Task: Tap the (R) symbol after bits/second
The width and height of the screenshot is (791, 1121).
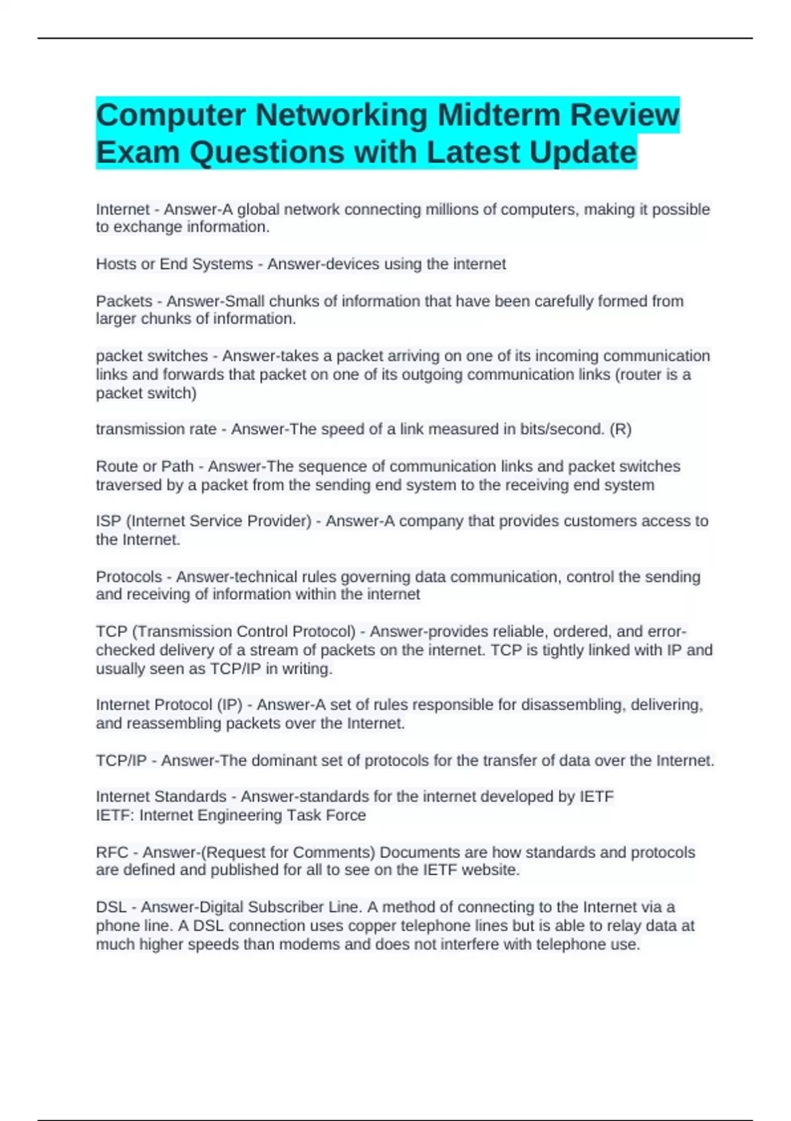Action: click(620, 429)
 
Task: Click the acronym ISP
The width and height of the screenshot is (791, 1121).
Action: click(109, 521)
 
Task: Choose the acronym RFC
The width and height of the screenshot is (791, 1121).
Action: click(112, 853)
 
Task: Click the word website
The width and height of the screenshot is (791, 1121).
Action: click(490, 870)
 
